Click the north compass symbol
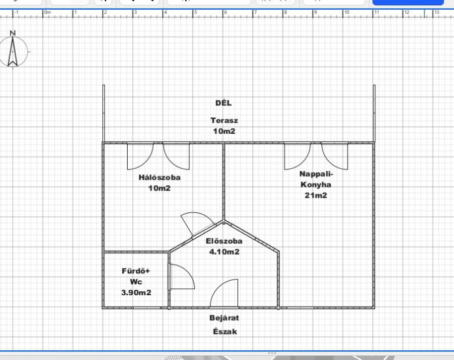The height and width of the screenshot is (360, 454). coord(13,51)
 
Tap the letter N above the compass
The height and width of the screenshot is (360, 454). coord(13,33)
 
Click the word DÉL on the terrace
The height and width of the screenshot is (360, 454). coord(223,103)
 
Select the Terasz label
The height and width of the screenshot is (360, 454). coord(224,120)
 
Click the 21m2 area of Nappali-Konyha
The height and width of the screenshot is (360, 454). coord(316,195)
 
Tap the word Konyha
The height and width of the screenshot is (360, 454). coord(316,185)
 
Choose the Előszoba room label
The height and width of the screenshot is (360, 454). coord(224,241)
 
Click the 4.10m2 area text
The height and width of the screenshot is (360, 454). coord(225,252)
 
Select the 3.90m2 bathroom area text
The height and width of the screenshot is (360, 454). coord(136,293)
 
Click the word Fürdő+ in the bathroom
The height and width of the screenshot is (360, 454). coord(136,271)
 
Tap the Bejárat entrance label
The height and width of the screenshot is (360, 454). coord(225,318)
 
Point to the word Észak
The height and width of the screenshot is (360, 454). coord(225,332)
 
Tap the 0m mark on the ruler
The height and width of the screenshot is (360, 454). coord(47,13)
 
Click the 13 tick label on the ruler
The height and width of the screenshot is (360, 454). coord(436,12)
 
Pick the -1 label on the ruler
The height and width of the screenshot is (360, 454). coord(16,13)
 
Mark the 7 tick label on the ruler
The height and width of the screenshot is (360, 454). coord(255,13)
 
